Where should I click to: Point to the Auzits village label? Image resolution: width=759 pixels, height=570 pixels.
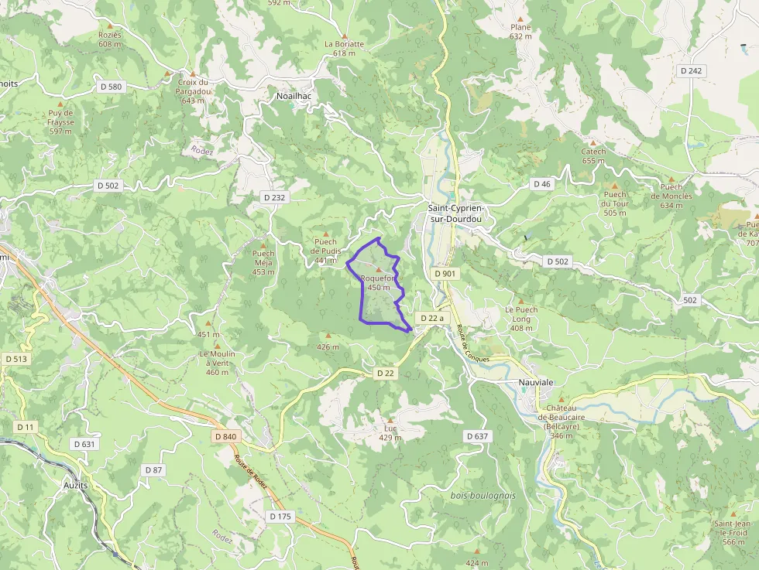coord(77,486)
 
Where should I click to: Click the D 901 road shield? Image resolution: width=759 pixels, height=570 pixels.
coord(445,273)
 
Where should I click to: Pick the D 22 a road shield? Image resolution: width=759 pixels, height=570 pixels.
coord(432,318)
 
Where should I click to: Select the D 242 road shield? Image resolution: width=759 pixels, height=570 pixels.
coord(691,70)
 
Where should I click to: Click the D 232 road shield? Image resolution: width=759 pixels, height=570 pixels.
coord(274,197)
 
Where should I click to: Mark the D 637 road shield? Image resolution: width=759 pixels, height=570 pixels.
coord(478,436)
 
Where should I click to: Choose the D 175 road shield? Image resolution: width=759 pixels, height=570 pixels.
coord(282,516)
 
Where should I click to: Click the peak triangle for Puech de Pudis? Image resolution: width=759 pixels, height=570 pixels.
coord(326,234)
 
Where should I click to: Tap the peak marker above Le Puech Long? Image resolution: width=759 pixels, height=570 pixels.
coord(521,302)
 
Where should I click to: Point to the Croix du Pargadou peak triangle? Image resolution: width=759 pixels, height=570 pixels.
coord(193,73)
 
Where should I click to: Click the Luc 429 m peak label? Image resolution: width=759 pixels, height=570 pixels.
coord(390,432)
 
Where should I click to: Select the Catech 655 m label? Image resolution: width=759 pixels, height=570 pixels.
coord(593,156)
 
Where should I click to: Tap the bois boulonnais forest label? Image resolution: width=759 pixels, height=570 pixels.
coord(483,495)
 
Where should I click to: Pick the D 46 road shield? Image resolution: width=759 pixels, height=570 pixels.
coord(541,184)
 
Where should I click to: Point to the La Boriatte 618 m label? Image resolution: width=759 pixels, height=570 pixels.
coord(344,48)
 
